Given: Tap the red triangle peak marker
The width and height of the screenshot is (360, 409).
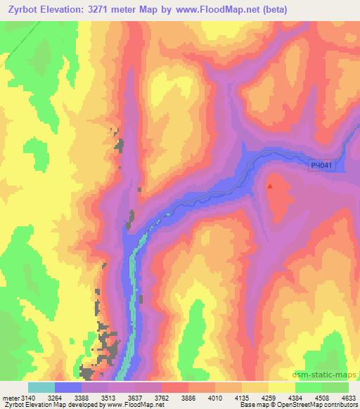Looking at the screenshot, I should pos(270,186).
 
